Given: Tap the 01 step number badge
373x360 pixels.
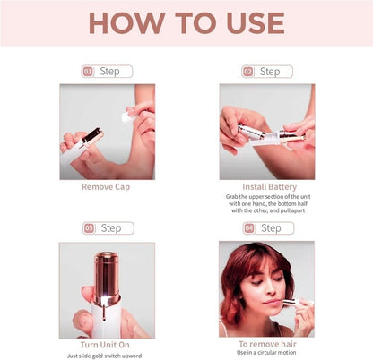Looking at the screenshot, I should click(88, 72).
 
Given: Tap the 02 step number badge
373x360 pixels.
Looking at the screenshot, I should click(247, 72).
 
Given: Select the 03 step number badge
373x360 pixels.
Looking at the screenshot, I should click(89, 228).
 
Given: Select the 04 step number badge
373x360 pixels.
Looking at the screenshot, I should click(248, 228).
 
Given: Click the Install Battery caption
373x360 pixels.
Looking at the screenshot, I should click(266, 187).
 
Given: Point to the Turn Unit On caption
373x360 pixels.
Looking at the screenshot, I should click(107, 344).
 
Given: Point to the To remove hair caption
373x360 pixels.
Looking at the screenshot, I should click(266, 344).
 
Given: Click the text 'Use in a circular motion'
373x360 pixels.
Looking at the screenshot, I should click(266, 353).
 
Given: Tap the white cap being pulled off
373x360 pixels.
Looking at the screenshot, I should click(127, 116).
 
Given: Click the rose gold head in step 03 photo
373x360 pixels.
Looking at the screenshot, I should click(108, 268).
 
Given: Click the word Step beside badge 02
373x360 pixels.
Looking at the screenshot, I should click(270, 72).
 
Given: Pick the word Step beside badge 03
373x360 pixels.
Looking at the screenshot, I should click(111, 228).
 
